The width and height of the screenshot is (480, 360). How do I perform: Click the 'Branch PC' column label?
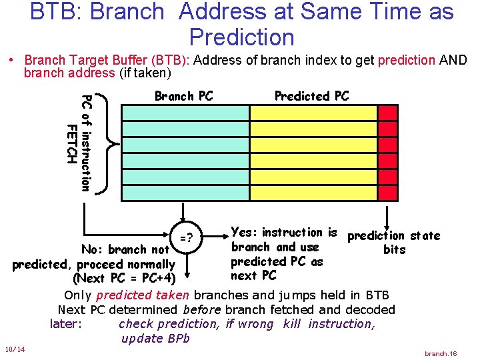click(x=183, y=96)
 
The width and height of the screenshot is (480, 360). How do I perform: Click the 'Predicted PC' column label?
click(x=311, y=96)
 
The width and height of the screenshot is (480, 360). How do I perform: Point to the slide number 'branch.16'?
click(x=441, y=353)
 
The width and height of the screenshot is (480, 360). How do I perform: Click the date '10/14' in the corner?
click(x=14, y=350)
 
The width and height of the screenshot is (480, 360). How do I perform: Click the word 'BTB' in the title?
click(x=53, y=12)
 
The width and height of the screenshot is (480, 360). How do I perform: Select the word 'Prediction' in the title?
click(x=241, y=37)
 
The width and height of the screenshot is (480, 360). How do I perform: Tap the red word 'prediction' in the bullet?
click(x=406, y=60)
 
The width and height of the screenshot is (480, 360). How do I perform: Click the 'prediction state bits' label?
click(x=394, y=242)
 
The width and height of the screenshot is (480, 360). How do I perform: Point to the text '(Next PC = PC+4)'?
click(x=124, y=278)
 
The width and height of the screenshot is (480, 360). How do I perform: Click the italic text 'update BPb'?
click(x=155, y=338)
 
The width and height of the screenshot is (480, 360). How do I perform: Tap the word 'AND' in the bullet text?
click(x=453, y=60)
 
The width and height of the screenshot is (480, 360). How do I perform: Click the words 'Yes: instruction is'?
click(x=283, y=233)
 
